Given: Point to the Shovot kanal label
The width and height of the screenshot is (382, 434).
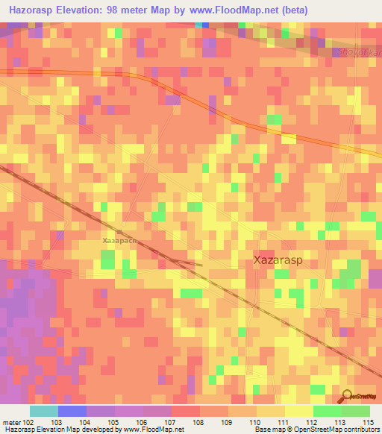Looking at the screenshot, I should (x=358, y=52).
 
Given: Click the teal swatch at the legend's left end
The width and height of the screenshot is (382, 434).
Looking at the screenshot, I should (x=44, y=411).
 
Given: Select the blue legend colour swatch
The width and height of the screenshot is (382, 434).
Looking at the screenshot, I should (x=72, y=411).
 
